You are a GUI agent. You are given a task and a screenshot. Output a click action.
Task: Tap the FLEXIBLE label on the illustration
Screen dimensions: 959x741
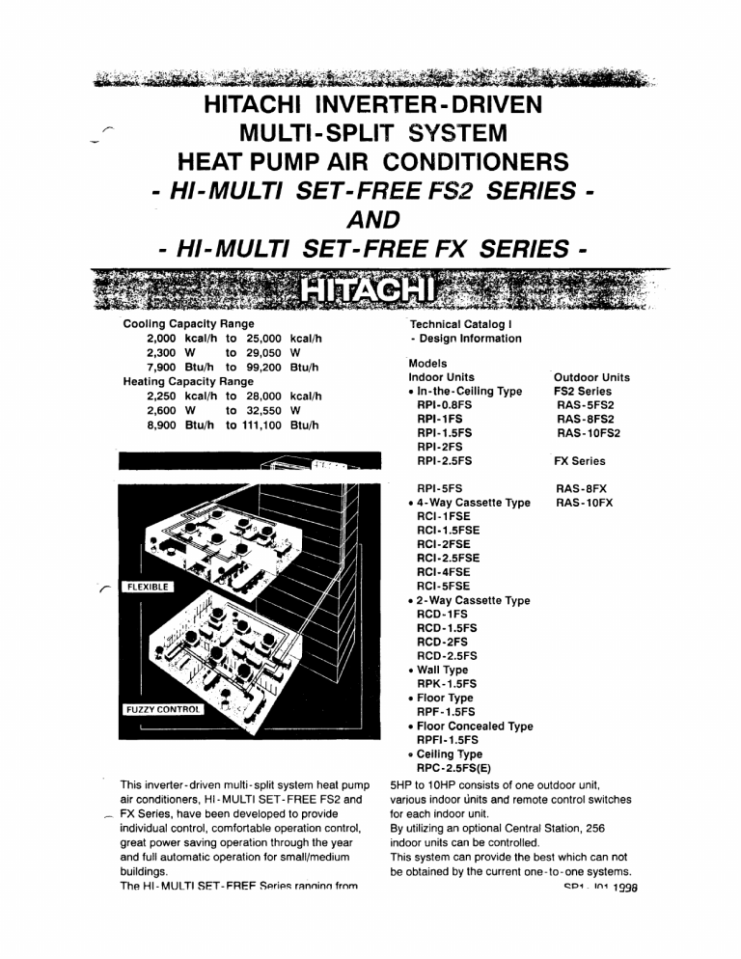pos(144,586)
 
